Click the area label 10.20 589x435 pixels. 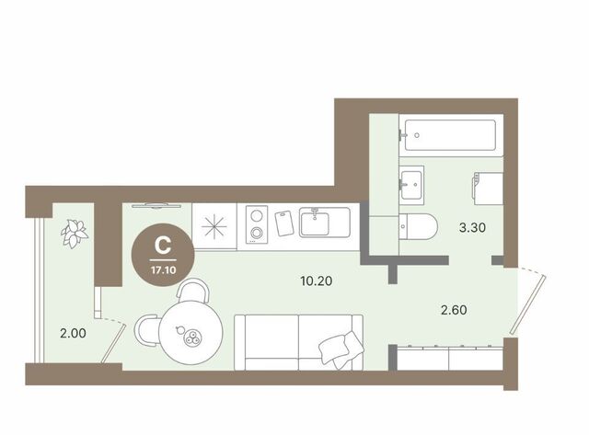[317, 280]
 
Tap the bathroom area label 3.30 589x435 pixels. [472, 227]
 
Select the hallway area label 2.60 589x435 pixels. [454, 310]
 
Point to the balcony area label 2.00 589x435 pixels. [73, 333]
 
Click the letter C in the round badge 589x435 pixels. [163, 246]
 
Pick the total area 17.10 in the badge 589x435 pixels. [164, 269]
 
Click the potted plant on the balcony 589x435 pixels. [75, 234]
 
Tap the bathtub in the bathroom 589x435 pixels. [451, 135]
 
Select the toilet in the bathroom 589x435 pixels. [419, 226]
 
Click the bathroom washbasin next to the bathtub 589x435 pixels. [411, 185]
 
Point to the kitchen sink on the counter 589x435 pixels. [325, 223]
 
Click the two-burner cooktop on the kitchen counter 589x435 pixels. [257, 224]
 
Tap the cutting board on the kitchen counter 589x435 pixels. [284, 223]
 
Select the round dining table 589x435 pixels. [191, 333]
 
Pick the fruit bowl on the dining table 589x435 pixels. [192, 337]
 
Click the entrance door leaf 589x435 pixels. [528, 304]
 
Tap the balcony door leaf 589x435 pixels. [113, 344]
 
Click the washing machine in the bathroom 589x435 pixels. [489, 189]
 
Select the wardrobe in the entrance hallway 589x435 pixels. [450, 358]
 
